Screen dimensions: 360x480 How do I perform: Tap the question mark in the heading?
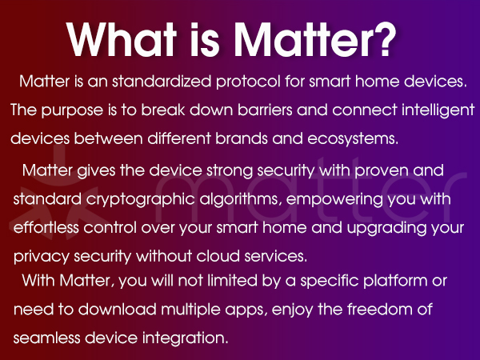pyautogui.click(x=382, y=38)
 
